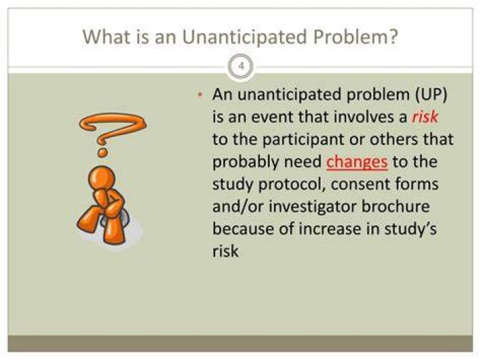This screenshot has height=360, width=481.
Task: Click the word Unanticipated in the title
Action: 245,37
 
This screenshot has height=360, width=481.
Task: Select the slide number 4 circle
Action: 240,66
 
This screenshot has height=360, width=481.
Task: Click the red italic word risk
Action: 425,117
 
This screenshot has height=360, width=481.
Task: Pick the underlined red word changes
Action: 357,162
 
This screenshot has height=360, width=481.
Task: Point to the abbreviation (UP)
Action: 431,94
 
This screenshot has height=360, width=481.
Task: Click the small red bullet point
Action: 200,95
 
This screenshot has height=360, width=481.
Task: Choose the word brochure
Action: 395,206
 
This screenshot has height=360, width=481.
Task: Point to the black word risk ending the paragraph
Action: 225,251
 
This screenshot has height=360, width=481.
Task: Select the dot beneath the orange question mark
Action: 102,152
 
